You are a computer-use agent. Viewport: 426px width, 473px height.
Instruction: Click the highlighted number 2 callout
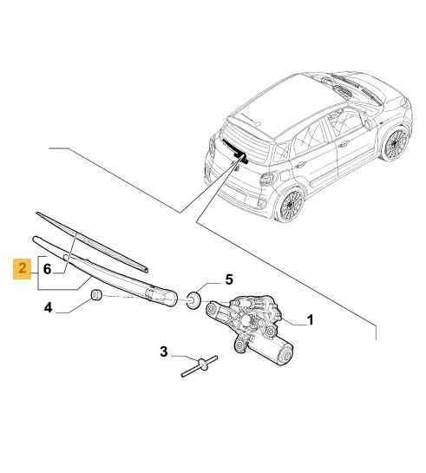pyautogui.click(x=23, y=269)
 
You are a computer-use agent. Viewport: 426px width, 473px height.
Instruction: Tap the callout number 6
pyautogui.click(x=47, y=269)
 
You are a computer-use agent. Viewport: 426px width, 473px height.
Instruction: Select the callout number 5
pyautogui.click(x=229, y=279)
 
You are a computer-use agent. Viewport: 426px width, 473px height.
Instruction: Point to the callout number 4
pyautogui.click(x=48, y=308)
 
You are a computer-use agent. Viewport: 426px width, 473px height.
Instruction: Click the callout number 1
pyautogui.click(x=310, y=320)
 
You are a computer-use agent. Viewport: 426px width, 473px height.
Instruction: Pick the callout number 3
pyautogui.click(x=164, y=351)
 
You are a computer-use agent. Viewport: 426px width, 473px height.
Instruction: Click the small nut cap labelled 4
pyautogui.click(x=96, y=295)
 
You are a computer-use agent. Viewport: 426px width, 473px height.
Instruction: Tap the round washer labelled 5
pyautogui.click(x=193, y=299)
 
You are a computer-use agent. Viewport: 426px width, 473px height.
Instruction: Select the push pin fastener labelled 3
pyautogui.click(x=200, y=365)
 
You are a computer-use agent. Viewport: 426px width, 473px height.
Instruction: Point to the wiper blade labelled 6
pyautogui.click(x=92, y=242)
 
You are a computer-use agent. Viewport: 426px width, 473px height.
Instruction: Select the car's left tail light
pyautogui.click(x=267, y=179)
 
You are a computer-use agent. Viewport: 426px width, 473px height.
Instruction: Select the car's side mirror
pyautogui.click(x=368, y=125)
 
